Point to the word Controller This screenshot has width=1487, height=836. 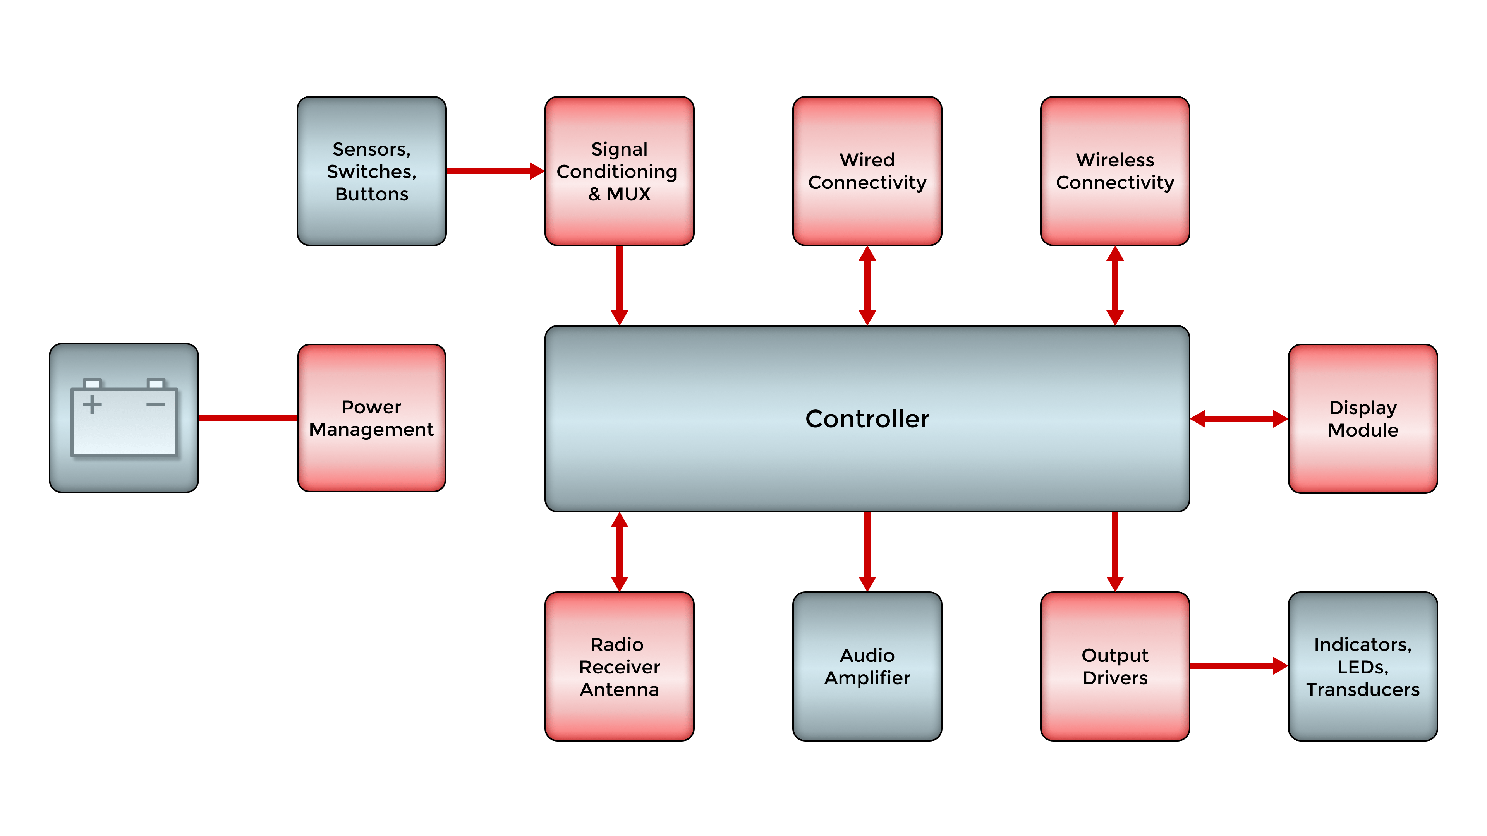[867, 419]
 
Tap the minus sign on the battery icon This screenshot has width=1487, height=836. [156, 404]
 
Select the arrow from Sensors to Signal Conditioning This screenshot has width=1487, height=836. [494, 171]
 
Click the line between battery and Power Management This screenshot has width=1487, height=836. [248, 418]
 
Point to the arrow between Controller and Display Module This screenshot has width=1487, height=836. [1239, 418]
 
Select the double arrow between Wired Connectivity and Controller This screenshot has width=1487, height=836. [867, 286]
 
